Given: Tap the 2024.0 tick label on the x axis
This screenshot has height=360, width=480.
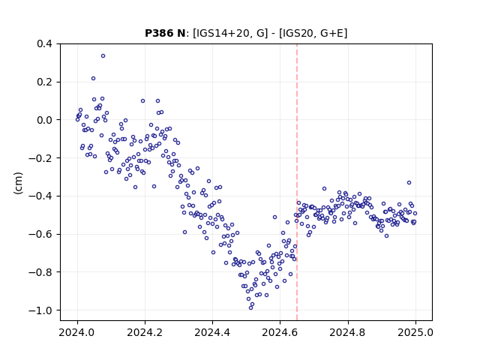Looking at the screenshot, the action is [77, 332].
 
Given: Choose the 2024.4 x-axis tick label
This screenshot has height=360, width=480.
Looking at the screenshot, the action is [212, 332].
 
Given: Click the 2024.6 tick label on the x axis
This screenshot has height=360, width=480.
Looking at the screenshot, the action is [280, 332].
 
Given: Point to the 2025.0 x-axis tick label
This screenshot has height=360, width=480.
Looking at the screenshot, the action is [415, 332].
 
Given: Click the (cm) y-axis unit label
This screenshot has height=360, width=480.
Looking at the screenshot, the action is [18, 183].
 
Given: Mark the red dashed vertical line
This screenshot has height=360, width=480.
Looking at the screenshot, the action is [297, 182].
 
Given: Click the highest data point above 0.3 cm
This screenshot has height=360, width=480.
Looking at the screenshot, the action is [103, 56].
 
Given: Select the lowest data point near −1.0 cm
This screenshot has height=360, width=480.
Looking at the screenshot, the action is [250, 308].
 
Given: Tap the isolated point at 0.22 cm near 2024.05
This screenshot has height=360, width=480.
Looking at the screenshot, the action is [93, 78].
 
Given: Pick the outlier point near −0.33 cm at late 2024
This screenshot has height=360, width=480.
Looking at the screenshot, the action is [409, 183].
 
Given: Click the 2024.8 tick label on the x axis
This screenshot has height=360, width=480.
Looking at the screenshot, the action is [348, 332].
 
